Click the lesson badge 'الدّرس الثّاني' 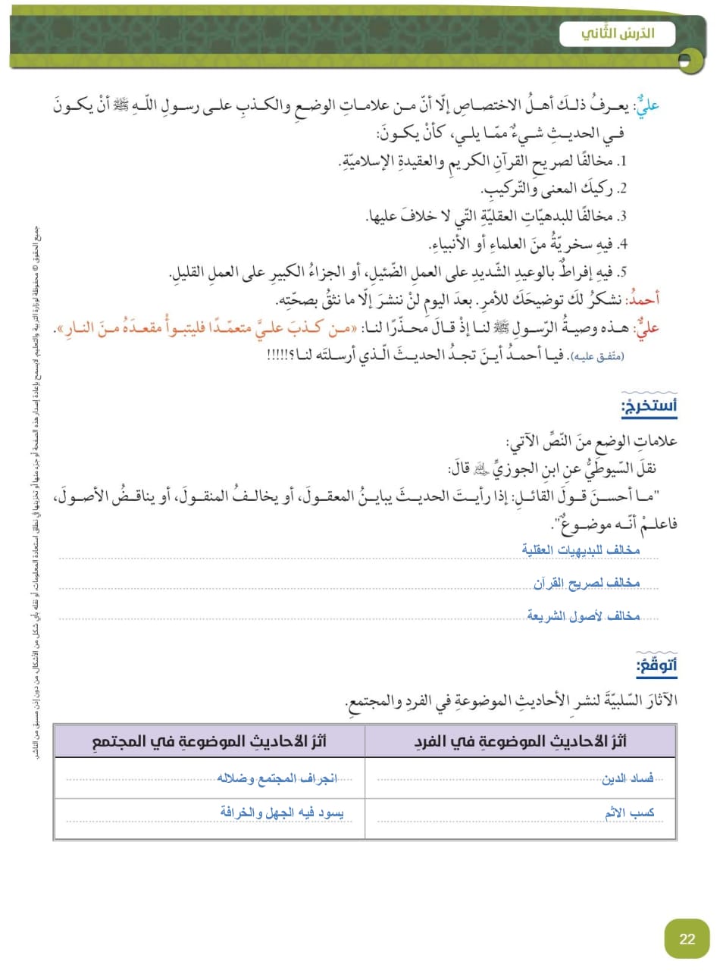coord(617,34)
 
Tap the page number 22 coord(687,939)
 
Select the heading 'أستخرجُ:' coord(649,406)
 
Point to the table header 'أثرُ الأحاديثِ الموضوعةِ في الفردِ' coord(520,741)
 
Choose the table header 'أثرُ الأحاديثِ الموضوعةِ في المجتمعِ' coord(208,741)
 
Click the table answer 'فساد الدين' coord(628,778)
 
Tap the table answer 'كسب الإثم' coord(629,812)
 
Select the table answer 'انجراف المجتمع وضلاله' coord(277,778)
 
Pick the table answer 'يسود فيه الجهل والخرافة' coord(281,812)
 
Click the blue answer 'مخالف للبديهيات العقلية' coord(581,549)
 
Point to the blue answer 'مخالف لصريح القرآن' coord(587,583)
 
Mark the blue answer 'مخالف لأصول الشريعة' coord(584,616)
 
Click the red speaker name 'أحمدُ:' coord(644,299)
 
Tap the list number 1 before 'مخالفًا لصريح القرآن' coord(621,161)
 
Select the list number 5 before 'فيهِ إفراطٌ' coord(621,272)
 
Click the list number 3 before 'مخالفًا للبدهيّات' coord(621,217)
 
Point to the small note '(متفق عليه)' coord(597,355)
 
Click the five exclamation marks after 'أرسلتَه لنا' coord(280,355)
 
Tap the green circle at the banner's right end coord(689,60)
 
